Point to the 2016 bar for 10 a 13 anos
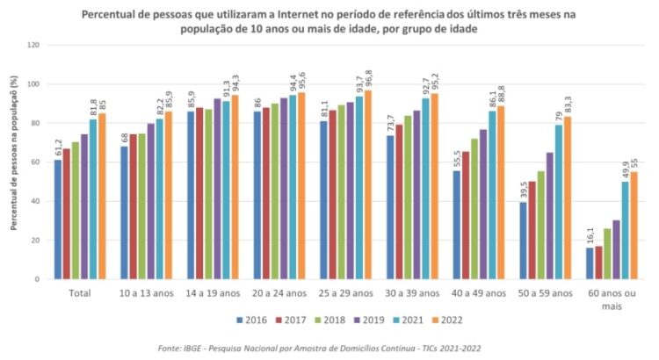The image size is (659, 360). coord(124,212)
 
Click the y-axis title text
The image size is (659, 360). coord(15,162)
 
